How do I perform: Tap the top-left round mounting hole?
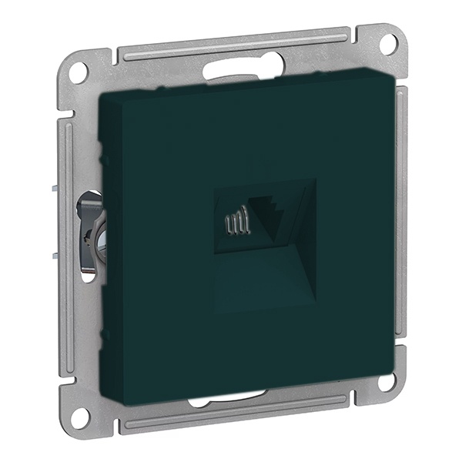(x=78, y=72)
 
